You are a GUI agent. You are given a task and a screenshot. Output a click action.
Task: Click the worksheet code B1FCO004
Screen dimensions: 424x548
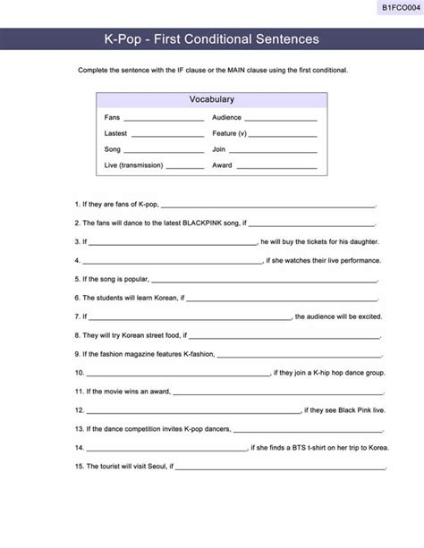coord(400,7)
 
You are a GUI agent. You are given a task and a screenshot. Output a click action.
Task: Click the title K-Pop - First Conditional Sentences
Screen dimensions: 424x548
coord(211,39)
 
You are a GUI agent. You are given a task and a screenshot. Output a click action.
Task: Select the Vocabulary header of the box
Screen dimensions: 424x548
coord(211,99)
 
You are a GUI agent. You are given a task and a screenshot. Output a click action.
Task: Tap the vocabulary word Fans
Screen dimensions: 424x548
coord(112,117)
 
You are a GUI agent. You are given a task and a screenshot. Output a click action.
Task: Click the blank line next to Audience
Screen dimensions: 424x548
coord(280,118)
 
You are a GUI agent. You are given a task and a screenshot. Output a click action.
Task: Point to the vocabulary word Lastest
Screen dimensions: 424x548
coord(115,133)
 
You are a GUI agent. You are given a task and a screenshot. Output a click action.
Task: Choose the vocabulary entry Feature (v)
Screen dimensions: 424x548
coord(230,133)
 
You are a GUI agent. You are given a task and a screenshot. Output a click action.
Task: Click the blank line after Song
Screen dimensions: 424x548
coord(164,150)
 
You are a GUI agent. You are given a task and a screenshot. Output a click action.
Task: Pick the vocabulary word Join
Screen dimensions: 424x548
coord(219,149)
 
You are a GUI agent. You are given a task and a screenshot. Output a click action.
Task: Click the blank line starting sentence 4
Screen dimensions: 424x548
coord(171,261)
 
